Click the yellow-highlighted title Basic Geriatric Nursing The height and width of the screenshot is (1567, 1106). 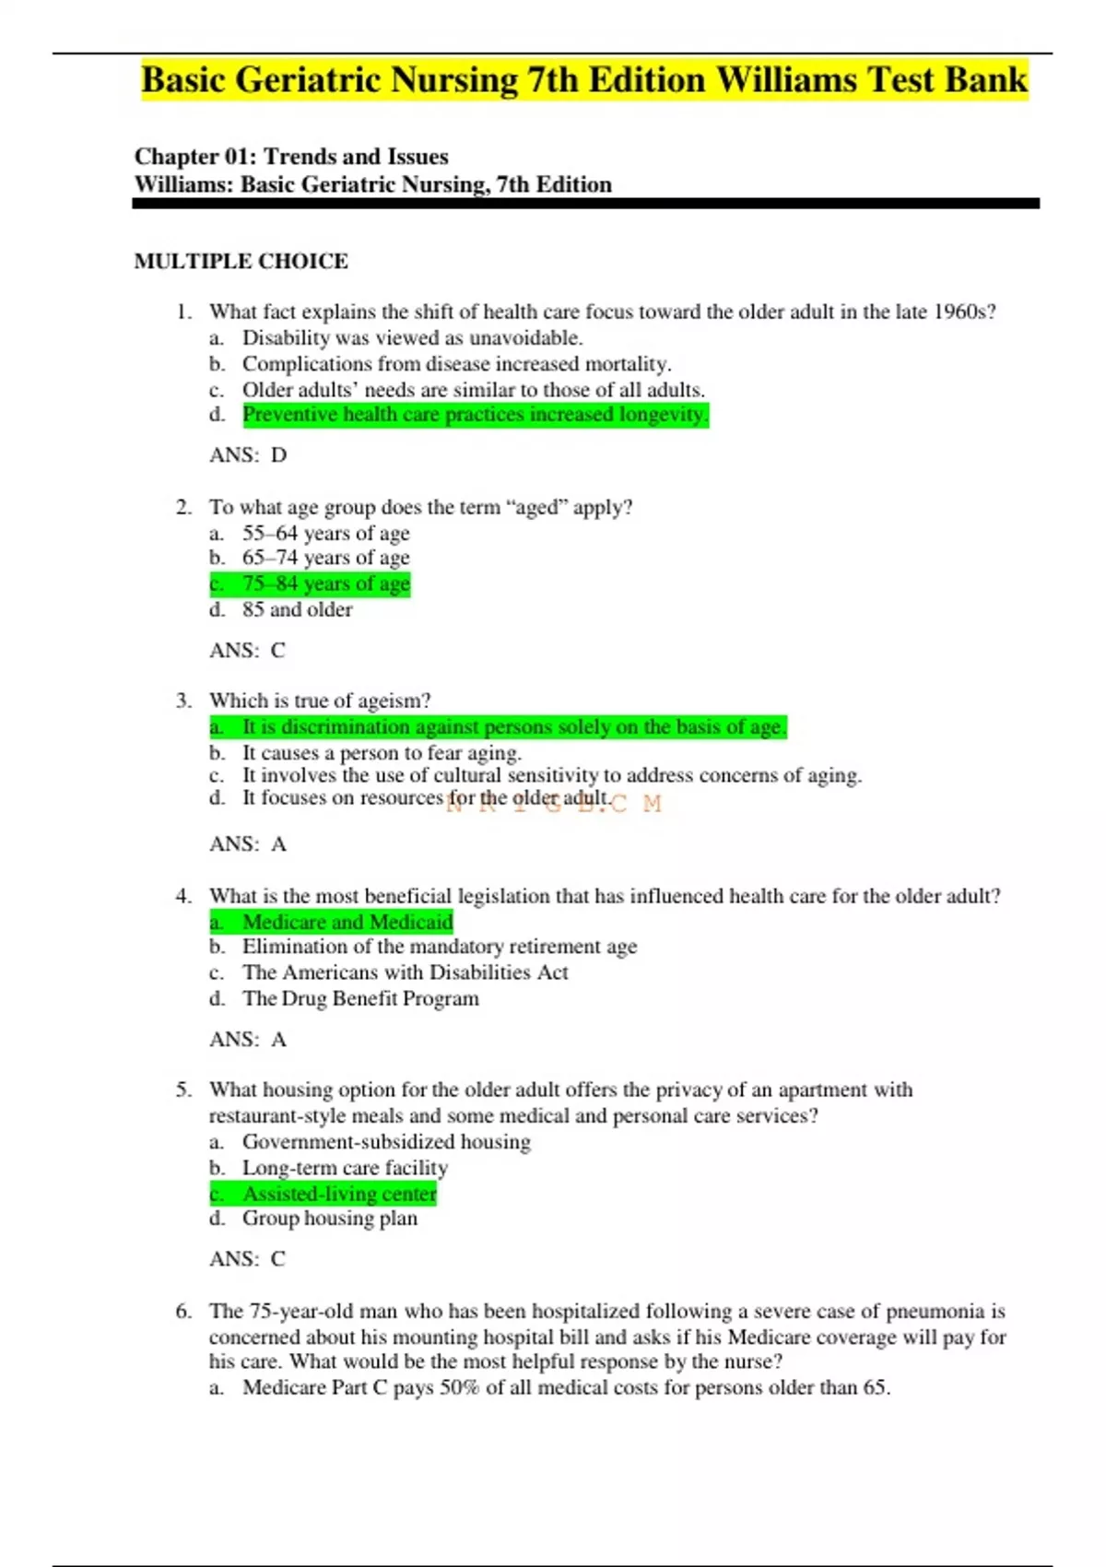pyautogui.click(x=583, y=80)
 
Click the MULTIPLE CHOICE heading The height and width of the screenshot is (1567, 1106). pyautogui.click(x=241, y=262)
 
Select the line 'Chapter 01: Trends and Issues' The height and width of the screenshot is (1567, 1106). pyautogui.click(x=291, y=157)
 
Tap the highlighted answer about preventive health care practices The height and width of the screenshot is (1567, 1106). pyautogui.click(x=475, y=415)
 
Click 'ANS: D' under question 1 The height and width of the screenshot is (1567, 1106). pyautogui.click(x=248, y=455)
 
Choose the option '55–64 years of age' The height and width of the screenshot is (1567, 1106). pyautogui.click(x=325, y=533)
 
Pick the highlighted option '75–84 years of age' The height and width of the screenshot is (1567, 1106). pyautogui.click(x=325, y=583)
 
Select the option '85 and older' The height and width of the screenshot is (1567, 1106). pyautogui.click(x=297, y=609)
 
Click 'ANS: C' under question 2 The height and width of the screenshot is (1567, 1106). pyautogui.click(x=247, y=651)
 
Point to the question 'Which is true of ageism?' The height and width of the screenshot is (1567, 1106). pyautogui.click(x=319, y=701)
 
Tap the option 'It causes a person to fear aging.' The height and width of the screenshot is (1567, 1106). pyautogui.click(x=382, y=752)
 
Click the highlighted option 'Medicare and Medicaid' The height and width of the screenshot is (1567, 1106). pyautogui.click(x=347, y=922)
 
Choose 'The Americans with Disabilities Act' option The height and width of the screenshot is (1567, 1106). pyautogui.click(x=405, y=972)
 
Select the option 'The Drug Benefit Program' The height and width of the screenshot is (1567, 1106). pyautogui.click(x=360, y=998)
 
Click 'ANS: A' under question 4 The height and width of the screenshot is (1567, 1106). pyautogui.click(x=248, y=1040)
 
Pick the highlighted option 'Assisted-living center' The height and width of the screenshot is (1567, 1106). pyautogui.click(x=339, y=1194)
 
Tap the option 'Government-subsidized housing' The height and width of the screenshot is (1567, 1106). pyautogui.click(x=386, y=1142)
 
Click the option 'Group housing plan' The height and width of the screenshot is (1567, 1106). pyautogui.click(x=329, y=1219)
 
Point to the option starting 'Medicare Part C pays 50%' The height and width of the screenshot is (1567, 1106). pyautogui.click(x=566, y=1388)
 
